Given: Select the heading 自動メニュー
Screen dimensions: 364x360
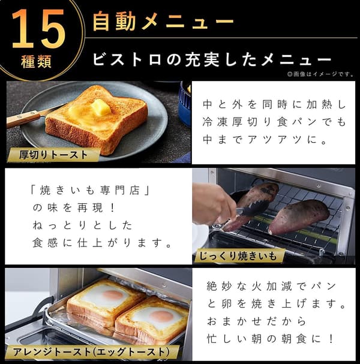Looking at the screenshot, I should point(162,22).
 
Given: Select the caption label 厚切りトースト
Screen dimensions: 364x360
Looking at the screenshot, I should point(54,155).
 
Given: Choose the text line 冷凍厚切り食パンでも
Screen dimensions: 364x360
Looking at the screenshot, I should point(274,123).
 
